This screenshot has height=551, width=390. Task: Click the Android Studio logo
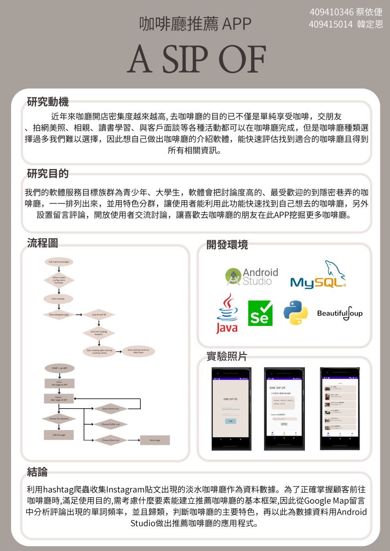point(252,277)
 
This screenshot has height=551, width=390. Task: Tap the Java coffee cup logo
point(227,314)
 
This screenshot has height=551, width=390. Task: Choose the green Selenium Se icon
point(260,314)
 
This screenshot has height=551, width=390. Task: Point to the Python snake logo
point(295,313)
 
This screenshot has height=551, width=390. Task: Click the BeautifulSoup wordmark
point(340,314)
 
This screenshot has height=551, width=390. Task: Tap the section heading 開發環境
point(227,245)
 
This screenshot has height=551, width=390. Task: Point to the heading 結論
point(37,472)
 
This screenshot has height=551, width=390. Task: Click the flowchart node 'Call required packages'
point(58,262)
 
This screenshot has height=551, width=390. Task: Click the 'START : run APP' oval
point(59,368)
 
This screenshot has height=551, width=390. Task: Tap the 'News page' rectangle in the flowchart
point(155,440)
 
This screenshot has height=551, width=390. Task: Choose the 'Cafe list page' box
point(59,434)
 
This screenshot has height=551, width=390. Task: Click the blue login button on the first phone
point(230,421)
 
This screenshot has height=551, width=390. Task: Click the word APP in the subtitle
point(236,24)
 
